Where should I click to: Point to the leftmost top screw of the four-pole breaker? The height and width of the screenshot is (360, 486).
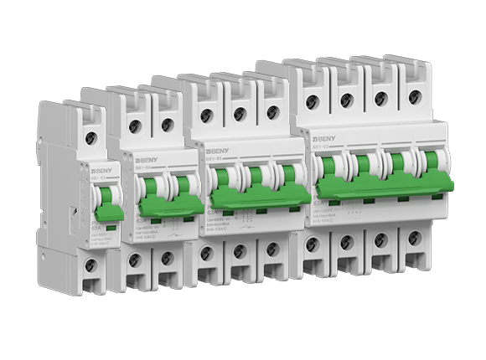click(312, 101)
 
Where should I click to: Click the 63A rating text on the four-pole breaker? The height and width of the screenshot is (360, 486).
click(319, 203)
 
